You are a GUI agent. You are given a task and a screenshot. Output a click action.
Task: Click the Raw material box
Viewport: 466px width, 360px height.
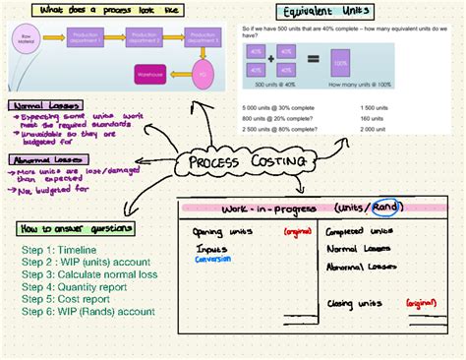(x=27, y=40)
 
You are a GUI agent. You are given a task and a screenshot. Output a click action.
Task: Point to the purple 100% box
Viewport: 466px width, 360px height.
(x=340, y=63)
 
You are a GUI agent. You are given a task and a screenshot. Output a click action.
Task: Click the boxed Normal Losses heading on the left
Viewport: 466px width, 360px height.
(x=44, y=105)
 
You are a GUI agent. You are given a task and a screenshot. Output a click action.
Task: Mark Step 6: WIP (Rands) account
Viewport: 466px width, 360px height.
(x=89, y=311)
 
